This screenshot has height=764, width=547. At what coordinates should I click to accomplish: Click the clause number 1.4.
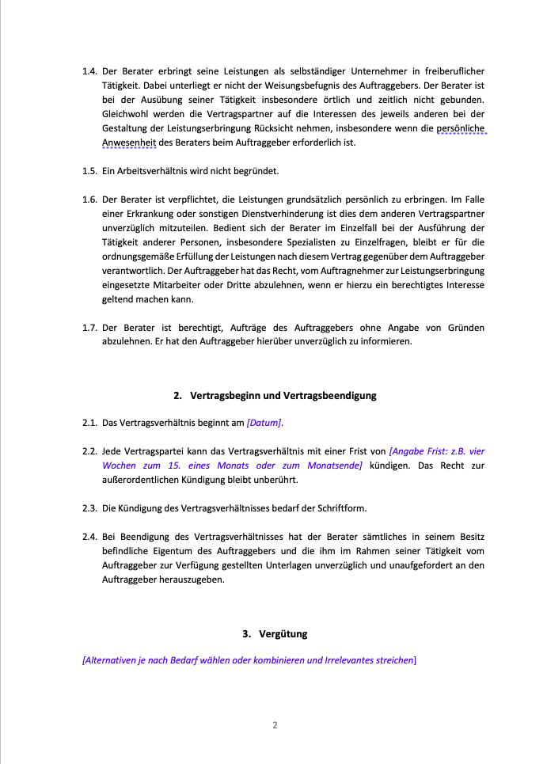[89, 71]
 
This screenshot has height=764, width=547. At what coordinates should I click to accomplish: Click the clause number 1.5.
[89, 171]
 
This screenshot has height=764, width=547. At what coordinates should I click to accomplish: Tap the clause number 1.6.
[89, 200]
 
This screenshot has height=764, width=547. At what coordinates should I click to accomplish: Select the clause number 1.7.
[89, 328]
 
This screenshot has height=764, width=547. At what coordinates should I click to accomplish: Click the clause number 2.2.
[89, 451]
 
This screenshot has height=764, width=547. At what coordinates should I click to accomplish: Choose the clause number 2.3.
[89, 507]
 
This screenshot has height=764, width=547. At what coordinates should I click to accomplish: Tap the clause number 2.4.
[89, 536]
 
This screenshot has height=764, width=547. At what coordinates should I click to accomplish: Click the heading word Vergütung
[283, 634]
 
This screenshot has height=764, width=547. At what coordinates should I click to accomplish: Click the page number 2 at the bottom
[274, 724]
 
